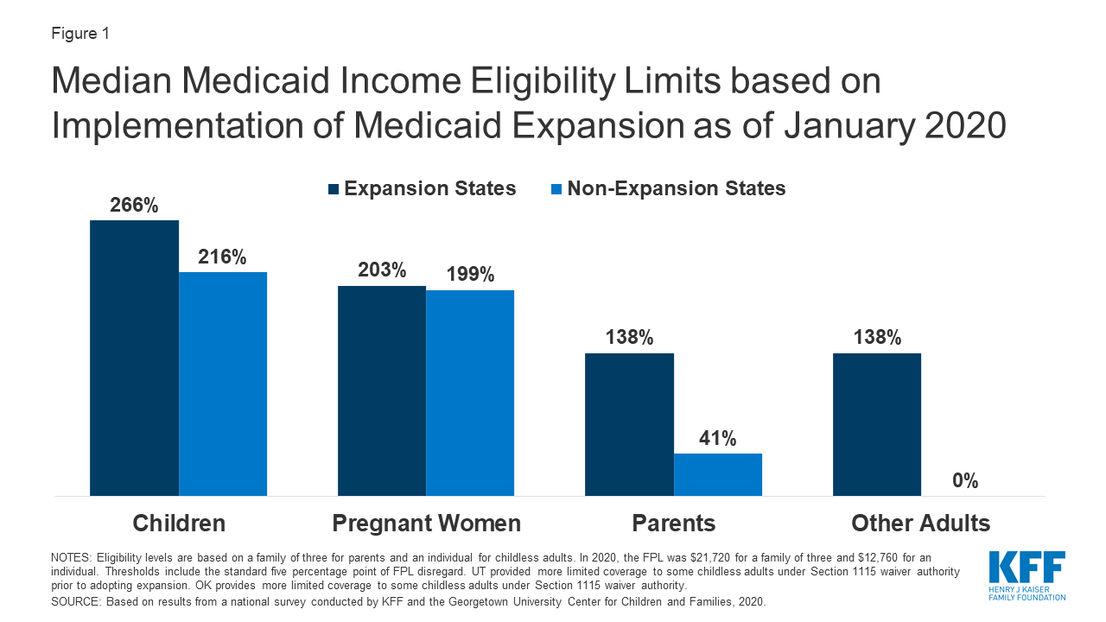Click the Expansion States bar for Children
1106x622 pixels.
134,358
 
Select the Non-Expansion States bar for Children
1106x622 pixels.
223,384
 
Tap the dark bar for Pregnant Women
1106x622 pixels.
381,390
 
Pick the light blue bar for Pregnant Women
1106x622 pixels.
470,392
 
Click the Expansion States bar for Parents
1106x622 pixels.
629,424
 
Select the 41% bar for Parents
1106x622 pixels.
718,474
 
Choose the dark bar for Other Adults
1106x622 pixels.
876,424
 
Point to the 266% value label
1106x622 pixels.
134,206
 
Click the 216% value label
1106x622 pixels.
223,257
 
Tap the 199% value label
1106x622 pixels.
470,275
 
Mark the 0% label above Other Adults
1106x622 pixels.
965,481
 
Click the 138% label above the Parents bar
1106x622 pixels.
629,338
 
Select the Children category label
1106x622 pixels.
179,524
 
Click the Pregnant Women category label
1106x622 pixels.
426,524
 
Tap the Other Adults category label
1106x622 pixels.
920,524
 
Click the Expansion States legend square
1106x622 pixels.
334,189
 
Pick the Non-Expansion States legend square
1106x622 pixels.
556,189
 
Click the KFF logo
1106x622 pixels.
1027,575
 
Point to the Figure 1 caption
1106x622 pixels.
80,34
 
